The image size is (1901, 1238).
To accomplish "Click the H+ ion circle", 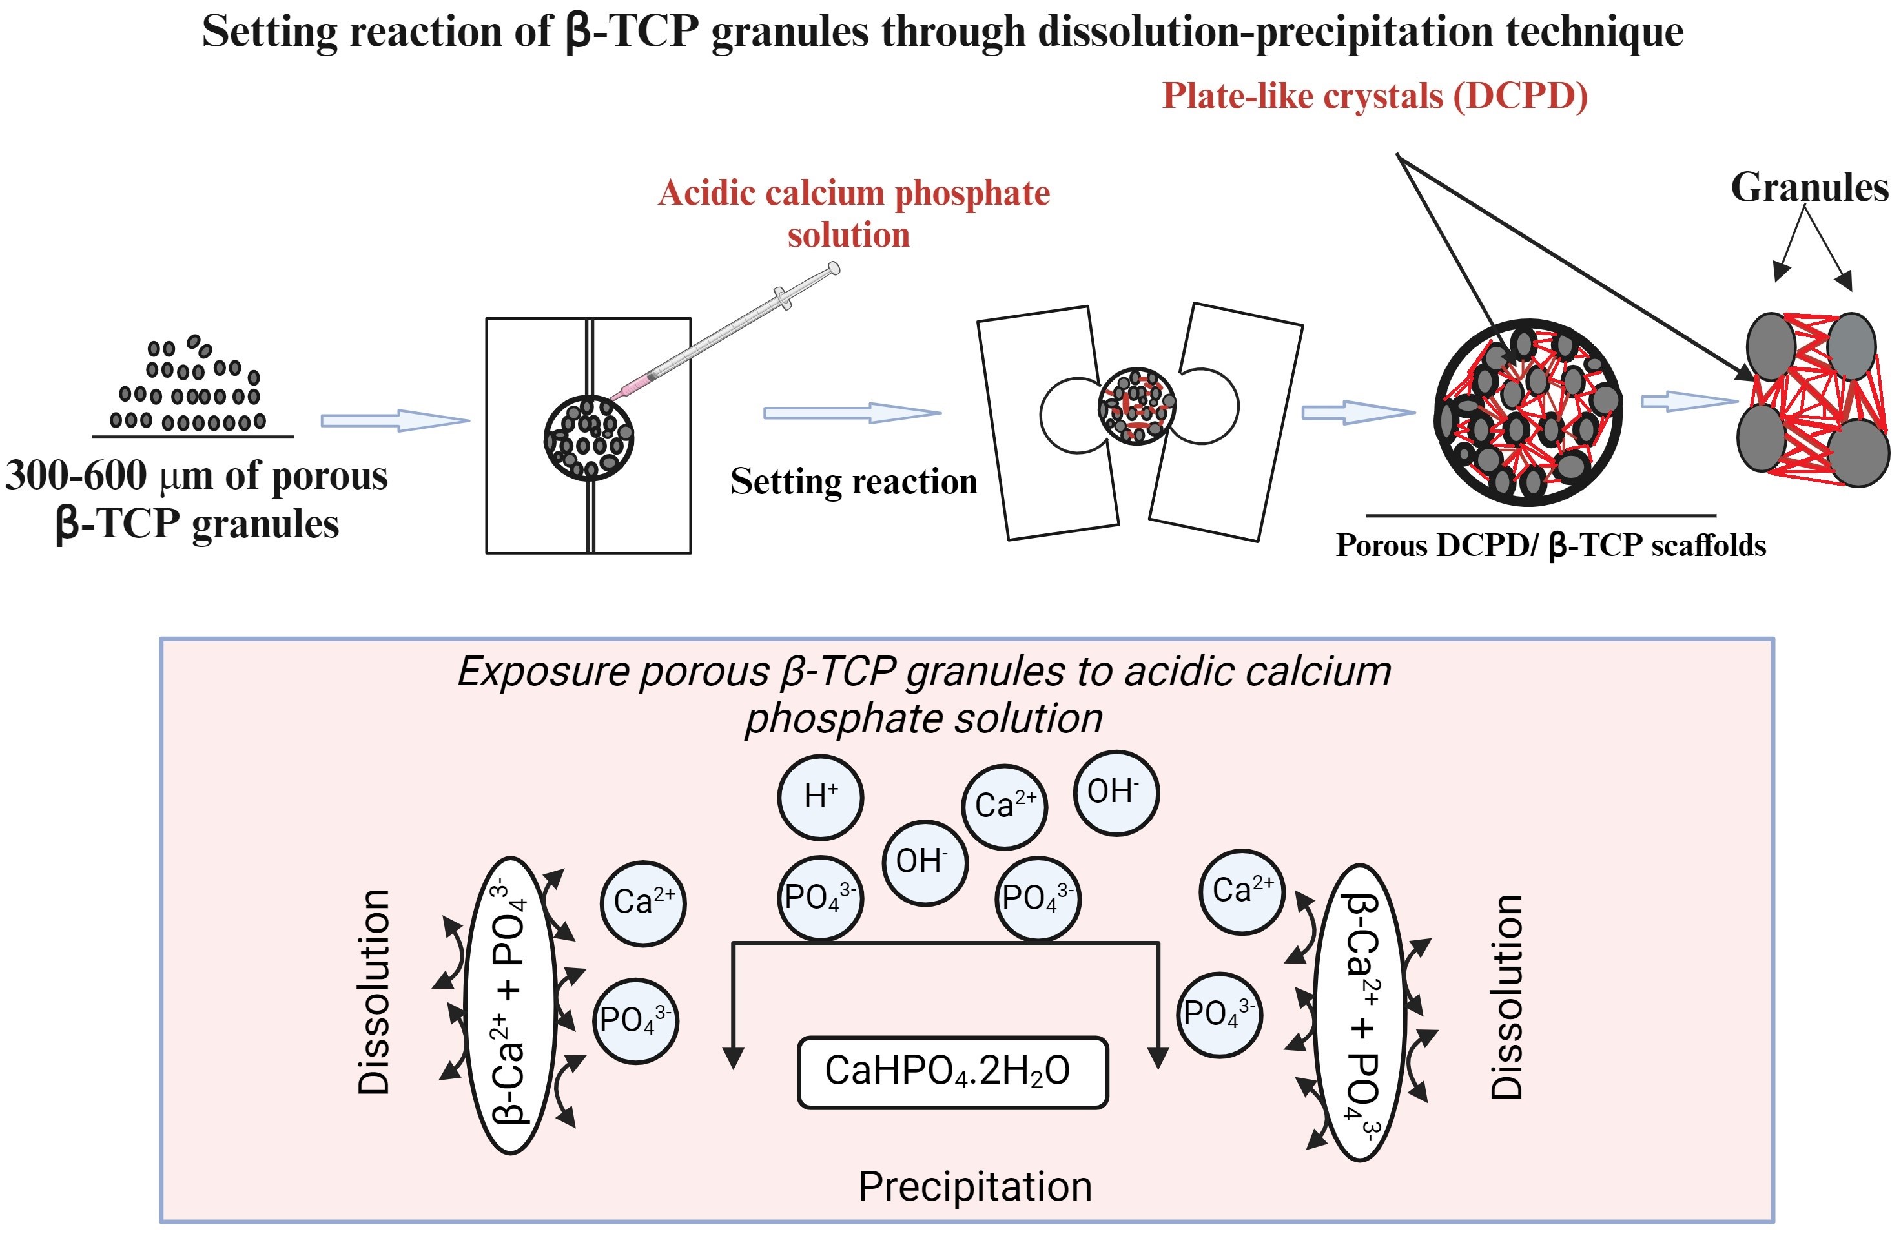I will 820,797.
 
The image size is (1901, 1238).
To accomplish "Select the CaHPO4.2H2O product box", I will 952,1072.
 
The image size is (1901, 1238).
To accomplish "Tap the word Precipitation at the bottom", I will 974,1186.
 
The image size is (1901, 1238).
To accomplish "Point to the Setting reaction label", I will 853,482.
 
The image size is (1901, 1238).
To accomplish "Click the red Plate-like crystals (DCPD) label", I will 1374,96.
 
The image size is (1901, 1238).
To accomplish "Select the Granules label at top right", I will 1809,188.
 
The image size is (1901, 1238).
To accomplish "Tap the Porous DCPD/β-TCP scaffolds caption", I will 1550,546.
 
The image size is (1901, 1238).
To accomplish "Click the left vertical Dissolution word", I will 374,991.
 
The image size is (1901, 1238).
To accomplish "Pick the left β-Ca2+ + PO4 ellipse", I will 511,1005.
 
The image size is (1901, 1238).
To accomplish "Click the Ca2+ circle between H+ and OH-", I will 1005,807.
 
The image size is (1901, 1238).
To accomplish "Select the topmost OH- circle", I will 1115,792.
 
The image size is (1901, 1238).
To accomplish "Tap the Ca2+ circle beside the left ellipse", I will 643,903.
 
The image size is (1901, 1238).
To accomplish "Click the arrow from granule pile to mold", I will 395,420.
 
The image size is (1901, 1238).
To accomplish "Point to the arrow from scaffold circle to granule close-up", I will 1689,402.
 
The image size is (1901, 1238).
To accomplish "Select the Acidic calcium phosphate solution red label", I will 853,213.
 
